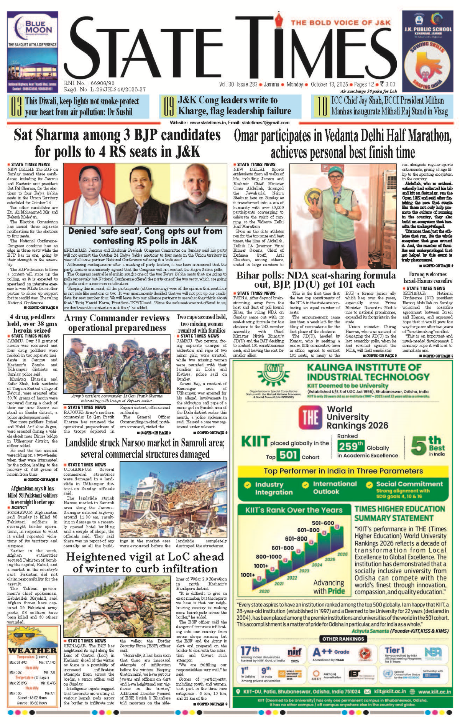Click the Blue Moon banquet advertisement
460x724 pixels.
pyautogui.click(x=33, y=52)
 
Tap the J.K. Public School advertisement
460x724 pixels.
pyautogui.click(x=427, y=52)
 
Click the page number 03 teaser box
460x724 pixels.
pyautogui.click(x=78, y=107)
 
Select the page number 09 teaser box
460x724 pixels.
pyautogui.click(x=230, y=106)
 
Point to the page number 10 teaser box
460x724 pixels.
pyautogui.click(x=382, y=106)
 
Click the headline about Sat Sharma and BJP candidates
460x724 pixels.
pyautogui.click(x=117, y=143)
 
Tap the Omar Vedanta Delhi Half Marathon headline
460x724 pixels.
pyautogui.click(x=343, y=143)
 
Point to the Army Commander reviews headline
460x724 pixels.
pyautogui.click(x=117, y=323)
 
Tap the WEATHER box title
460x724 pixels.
pyautogui.click(x=33, y=651)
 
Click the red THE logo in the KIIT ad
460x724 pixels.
pyautogui.click(x=310, y=417)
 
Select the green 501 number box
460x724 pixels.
pyautogui.click(x=288, y=455)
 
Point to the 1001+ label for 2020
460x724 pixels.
pyautogui.click(x=248, y=575)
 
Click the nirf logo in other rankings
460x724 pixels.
pyautogui.click(x=294, y=652)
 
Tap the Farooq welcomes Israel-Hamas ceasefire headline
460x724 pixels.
pyautogui.click(x=427, y=277)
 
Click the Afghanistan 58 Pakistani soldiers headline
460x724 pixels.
pyautogui.click(x=32, y=495)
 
